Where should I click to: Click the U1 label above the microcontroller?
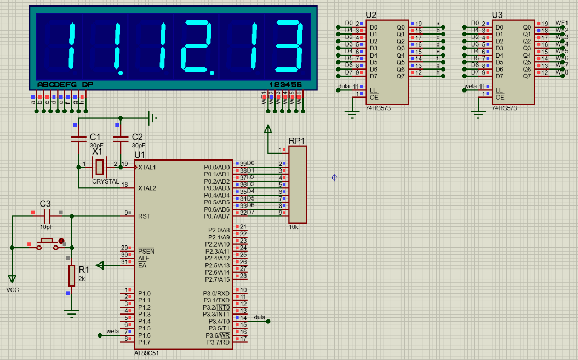point(139,155)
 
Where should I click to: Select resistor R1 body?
point(71,275)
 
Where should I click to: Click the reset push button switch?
point(46,243)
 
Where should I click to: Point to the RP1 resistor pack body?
point(297,185)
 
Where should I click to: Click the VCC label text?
point(12,289)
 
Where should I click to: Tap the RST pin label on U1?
point(144,216)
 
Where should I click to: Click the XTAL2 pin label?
point(147,188)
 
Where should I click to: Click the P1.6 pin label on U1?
point(144,335)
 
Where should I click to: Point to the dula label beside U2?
point(344,87)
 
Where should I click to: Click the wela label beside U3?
point(470,87)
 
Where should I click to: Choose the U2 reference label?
point(371,15)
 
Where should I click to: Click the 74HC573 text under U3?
point(505,108)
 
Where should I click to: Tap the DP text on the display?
point(87,85)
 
